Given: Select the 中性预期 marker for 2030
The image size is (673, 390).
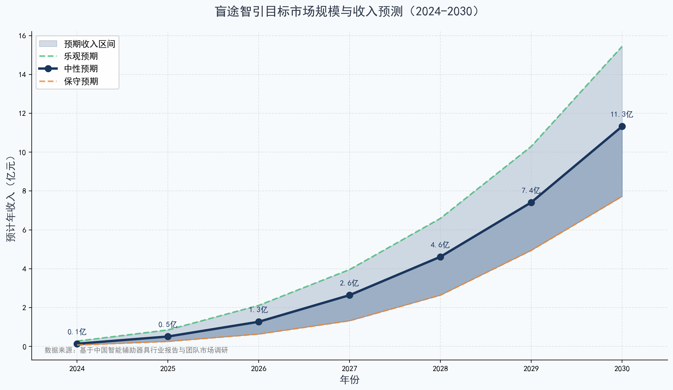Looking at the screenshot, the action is coord(622,126).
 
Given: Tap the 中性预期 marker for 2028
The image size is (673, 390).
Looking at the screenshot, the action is coord(440,257).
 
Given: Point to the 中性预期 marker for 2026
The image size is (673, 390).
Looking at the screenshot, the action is coord(259,322).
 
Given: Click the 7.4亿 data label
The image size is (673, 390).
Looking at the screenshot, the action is coord(531,191).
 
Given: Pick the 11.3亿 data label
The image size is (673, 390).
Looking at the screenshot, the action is coord(622,114).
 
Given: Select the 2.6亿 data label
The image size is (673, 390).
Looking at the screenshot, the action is coord(349,283).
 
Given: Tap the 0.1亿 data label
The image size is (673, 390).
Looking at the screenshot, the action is coord(77,332).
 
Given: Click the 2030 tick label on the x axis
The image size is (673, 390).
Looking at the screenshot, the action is coord(622,368).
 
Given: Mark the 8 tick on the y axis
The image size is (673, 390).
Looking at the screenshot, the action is coord(24,191).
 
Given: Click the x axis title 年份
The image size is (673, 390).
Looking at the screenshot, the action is coord(350,380).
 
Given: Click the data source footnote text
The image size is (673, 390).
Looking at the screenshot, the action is coord(136,350).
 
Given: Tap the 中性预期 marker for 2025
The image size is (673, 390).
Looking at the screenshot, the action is coord(168,336).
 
